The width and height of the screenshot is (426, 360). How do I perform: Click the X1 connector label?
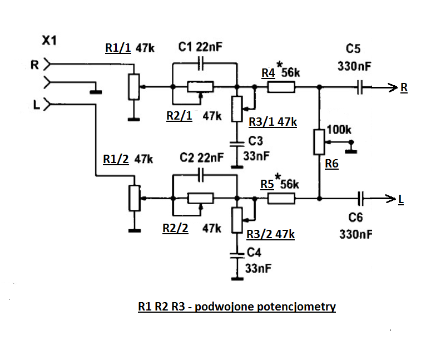tap(49, 40)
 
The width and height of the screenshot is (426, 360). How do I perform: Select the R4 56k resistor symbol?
tap(281, 87)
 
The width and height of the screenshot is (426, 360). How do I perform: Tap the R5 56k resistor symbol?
tap(281, 198)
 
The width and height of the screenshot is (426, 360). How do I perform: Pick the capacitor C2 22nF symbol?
tap(201, 174)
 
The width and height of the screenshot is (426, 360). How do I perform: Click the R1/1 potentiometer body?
tap(133, 87)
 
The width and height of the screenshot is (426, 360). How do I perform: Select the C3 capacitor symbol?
tap(237, 142)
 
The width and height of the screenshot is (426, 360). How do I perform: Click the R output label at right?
tap(403, 87)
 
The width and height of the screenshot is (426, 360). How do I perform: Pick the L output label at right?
tap(401, 199)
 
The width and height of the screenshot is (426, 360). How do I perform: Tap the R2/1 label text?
tap(179, 116)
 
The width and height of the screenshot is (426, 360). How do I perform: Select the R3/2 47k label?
tap(270, 234)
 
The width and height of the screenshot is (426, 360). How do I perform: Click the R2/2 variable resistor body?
tap(200, 198)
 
